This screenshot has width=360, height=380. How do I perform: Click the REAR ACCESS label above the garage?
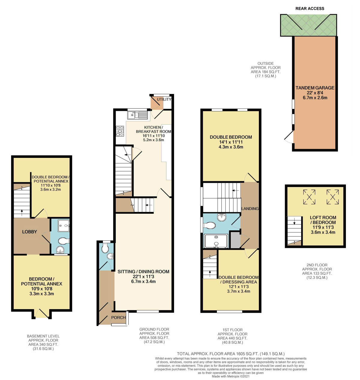pos(310,8)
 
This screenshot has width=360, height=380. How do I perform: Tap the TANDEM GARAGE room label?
pos(315,88)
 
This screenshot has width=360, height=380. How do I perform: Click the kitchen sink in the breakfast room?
pos(137,115)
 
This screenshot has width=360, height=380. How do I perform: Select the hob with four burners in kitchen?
pos(120,131)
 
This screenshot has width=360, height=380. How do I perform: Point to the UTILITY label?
pos(164,99)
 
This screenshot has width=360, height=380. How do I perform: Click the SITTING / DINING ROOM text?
pos(143,272)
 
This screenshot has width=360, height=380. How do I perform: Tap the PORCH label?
pos(118,317)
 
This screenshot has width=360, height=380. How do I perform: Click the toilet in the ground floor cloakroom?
pos(105,248)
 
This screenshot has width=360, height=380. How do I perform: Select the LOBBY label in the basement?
pos(29,232)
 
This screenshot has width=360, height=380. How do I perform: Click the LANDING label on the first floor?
pos(250,209)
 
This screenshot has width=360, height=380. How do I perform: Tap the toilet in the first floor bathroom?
pos(210,225)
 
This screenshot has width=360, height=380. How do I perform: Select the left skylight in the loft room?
pos(309,197)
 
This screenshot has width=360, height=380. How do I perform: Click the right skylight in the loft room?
pos(332,197)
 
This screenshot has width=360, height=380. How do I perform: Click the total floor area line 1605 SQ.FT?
pos(230,354)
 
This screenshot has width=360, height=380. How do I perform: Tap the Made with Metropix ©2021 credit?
pos(230,376)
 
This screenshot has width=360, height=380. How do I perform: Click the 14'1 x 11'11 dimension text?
pos(231,142)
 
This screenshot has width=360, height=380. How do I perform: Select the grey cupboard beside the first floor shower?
pos(235,240)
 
